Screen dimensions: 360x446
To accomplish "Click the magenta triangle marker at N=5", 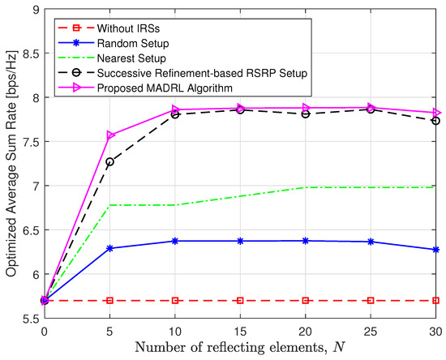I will tap(109, 135).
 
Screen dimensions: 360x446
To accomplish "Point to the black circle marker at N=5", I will tap(109, 161).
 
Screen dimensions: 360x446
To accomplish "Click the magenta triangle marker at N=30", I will tap(436, 113).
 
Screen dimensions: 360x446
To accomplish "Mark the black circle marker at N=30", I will tap(436, 121).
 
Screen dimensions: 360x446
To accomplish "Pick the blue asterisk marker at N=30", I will tap(436, 250).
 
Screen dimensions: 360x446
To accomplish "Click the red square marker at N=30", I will tap(436, 300).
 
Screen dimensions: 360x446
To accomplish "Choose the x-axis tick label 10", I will tap(174, 331).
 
